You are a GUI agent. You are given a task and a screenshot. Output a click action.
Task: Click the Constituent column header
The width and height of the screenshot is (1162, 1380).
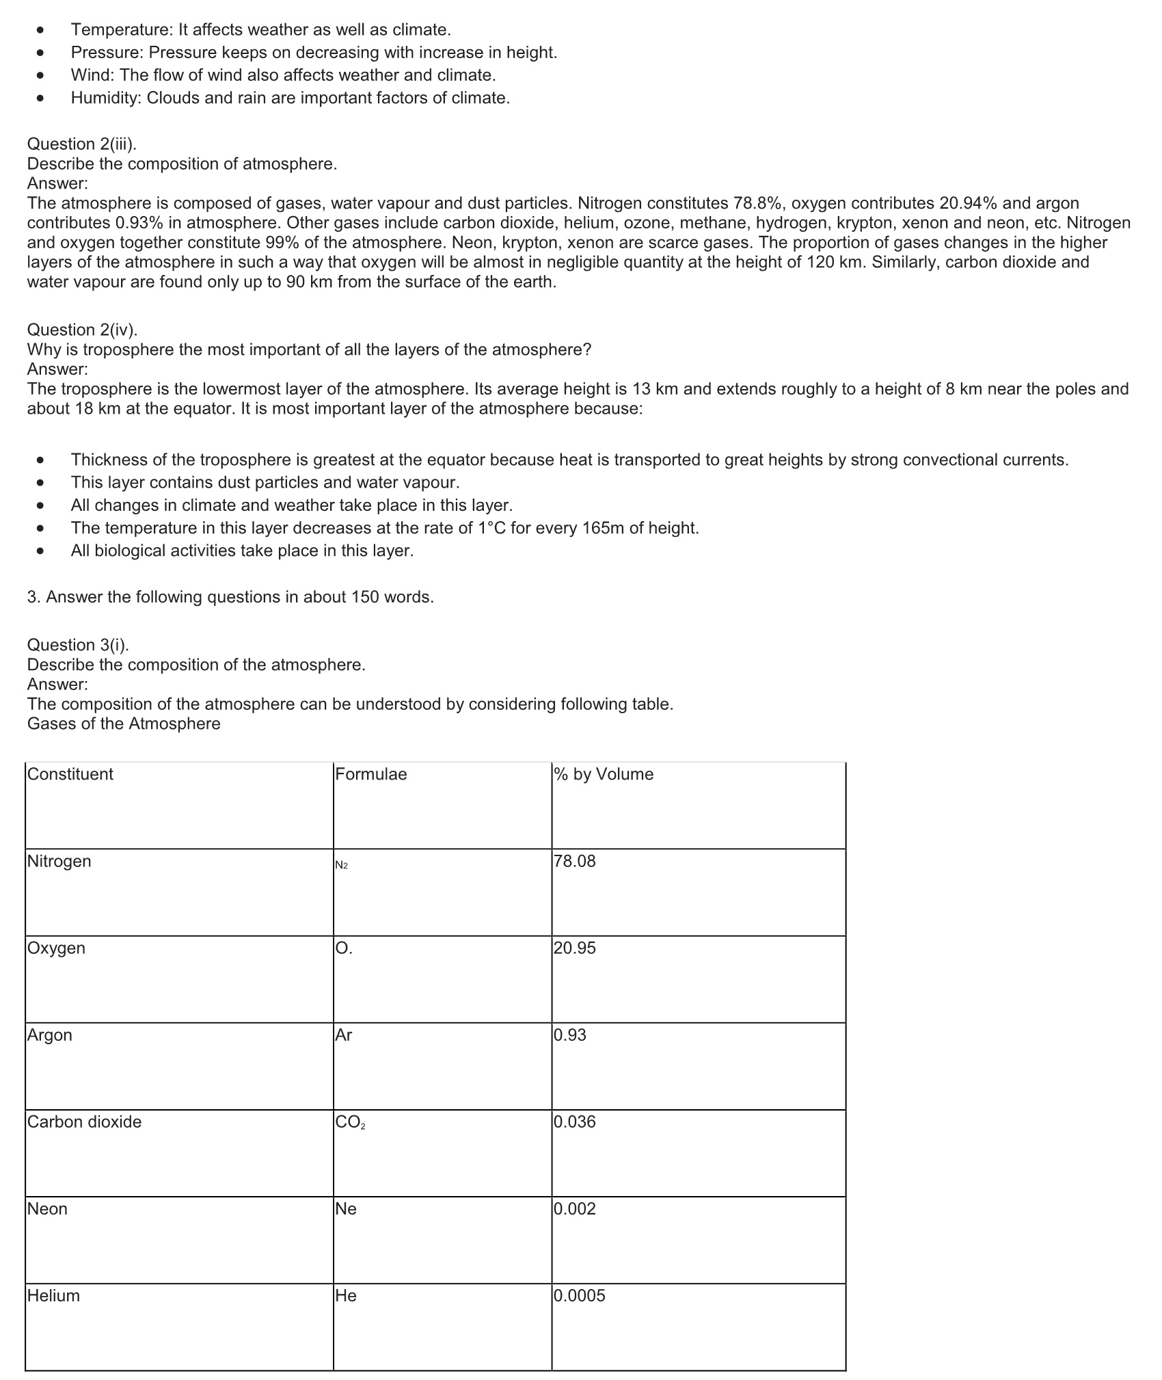(70, 774)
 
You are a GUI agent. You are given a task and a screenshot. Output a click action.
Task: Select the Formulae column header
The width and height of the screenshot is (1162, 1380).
(370, 774)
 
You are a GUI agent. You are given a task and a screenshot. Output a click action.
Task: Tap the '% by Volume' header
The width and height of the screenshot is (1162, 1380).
(604, 774)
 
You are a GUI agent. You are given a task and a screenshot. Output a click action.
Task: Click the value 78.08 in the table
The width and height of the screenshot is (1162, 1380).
(575, 861)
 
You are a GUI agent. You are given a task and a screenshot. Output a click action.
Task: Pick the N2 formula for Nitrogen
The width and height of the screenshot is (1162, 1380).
(342, 866)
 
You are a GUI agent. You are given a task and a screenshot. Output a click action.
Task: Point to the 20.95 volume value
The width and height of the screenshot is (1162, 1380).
(575, 948)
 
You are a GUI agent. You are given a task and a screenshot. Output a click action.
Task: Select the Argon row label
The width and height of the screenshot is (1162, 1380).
(49, 1035)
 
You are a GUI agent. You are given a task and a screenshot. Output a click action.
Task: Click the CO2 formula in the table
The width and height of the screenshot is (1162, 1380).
(350, 1122)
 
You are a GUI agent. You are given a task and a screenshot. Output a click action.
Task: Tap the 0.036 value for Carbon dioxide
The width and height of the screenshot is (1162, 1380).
(575, 1122)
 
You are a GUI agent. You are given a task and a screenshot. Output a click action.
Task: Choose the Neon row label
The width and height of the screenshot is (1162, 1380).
(47, 1208)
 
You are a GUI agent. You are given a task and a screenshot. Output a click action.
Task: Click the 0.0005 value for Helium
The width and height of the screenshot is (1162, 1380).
(580, 1295)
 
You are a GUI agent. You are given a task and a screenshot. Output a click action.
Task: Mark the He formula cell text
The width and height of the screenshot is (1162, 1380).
(346, 1295)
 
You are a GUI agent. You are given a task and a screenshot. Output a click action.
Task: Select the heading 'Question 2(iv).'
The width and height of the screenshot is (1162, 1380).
(82, 330)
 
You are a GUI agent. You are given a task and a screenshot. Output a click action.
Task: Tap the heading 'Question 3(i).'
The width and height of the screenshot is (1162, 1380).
(78, 645)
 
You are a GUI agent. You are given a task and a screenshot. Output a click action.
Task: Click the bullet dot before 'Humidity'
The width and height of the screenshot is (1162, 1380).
(41, 98)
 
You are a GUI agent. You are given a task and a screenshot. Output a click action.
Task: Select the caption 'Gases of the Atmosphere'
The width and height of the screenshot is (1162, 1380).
(124, 724)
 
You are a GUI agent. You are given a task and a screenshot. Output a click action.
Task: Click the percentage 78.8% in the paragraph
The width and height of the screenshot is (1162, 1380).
(759, 203)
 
